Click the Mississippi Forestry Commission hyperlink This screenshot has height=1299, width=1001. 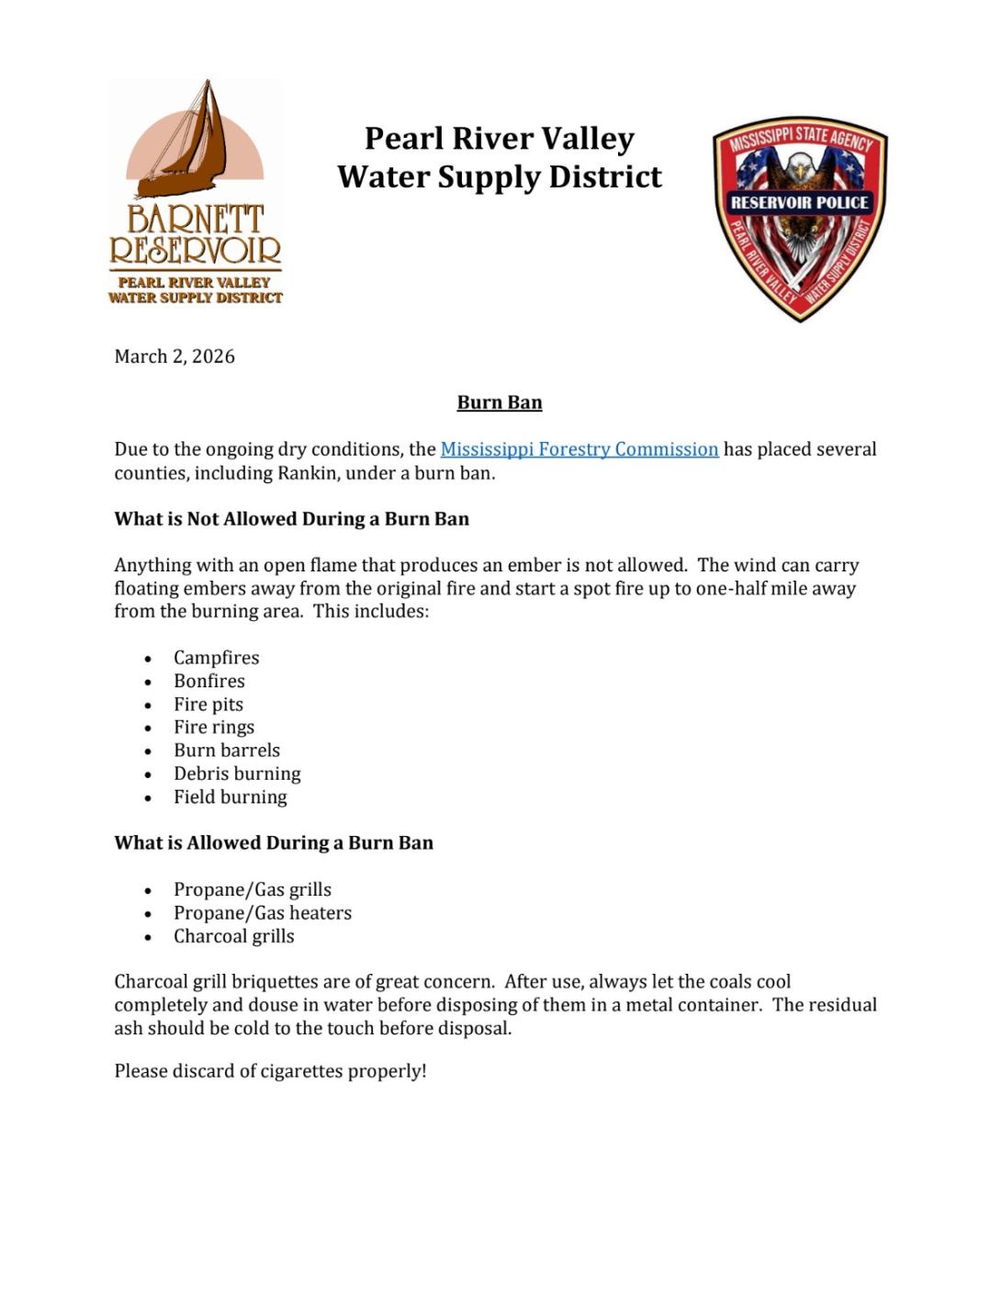(579, 449)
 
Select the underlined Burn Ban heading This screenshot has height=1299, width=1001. (500, 402)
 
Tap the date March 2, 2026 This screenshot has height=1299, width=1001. (174, 356)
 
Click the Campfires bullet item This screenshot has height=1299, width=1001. (216, 658)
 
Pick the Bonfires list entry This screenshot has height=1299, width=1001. (209, 681)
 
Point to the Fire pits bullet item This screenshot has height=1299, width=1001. (208, 705)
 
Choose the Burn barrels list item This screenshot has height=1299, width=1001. (227, 751)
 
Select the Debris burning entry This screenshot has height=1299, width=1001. (237, 774)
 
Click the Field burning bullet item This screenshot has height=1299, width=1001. (231, 797)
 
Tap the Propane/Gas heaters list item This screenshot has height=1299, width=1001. (263, 913)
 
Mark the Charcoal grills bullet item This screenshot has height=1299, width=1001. (234, 936)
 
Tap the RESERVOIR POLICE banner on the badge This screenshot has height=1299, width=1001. (799, 202)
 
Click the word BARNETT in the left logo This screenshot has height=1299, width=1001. (195, 220)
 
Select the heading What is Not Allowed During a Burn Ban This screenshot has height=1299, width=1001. (291, 519)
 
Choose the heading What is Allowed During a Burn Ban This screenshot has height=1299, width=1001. (274, 843)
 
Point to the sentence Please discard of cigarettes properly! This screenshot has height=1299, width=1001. (270, 1071)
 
